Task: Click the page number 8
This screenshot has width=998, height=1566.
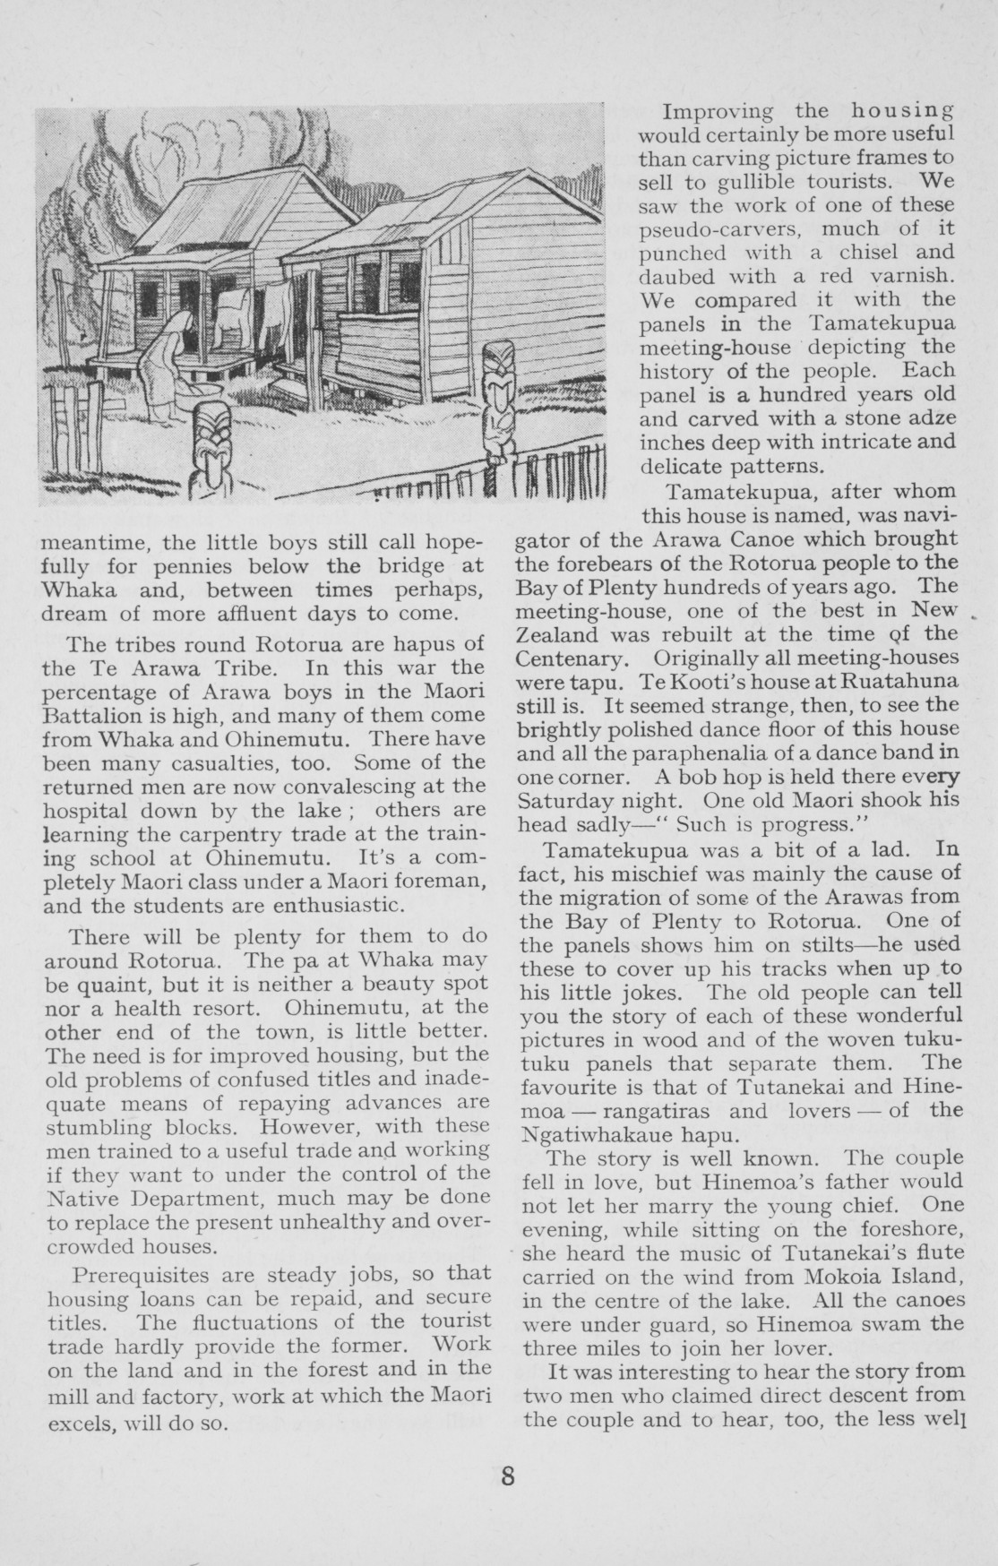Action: (x=508, y=1476)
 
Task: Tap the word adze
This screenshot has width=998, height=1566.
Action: (x=932, y=417)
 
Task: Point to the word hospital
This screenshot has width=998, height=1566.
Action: (x=88, y=810)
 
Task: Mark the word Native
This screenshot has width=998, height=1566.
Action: (x=73, y=1197)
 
